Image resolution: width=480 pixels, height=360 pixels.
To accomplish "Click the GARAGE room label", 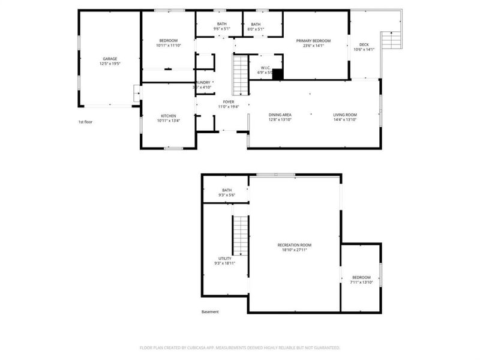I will pyautogui.click(x=109, y=59).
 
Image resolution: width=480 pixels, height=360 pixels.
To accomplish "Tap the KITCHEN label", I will pyautogui.click(x=168, y=116).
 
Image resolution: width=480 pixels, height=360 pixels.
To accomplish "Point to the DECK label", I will pyautogui.click(x=364, y=45).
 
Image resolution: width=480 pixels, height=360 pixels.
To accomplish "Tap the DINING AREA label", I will pyautogui.click(x=280, y=115).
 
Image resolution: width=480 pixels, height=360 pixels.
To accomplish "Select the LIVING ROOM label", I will pyautogui.click(x=345, y=115).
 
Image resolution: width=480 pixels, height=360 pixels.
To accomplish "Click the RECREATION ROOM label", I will pyautogui.click(x=294, y=245).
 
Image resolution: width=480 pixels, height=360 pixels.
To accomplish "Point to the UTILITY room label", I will pyautogui.click(x=224, y=259).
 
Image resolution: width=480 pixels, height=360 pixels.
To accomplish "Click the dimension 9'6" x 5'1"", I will pyautogui.click(x=221, y=29).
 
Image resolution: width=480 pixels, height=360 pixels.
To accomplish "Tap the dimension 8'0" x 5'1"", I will pyautogui.click(x=256, y=29).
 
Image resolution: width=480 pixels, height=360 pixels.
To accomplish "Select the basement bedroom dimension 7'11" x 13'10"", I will pyautogui.click(x=361, y=282).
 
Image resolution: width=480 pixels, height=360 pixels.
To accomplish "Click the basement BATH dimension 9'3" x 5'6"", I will pyautogui.click(x=226, y=195).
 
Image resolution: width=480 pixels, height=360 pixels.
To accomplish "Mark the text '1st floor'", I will pyautogui.click(x=85, y=122).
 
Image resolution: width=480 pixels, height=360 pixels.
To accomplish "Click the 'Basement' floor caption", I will pyautogui.click(x=210, y=311).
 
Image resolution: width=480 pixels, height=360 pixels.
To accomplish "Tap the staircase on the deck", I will pyautogui.click(x=390, y=41).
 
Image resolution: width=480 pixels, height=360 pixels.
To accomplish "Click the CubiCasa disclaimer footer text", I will pyautogui.click(x=240, y=347).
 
